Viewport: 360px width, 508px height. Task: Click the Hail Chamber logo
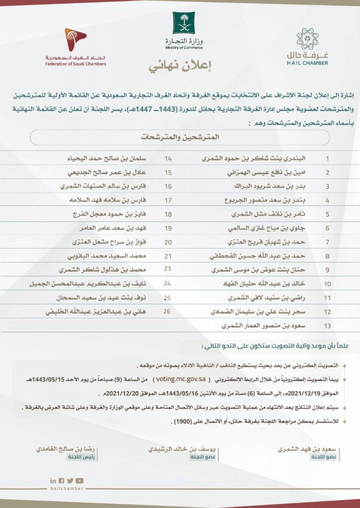[x=307, y=46]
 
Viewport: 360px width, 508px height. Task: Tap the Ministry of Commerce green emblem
[x=183, y=23]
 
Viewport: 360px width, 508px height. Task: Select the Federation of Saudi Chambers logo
[x=75, y=37]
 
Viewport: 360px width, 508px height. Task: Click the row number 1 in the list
[x=327, y=159]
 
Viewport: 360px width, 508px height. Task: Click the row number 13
[x=327, y=327]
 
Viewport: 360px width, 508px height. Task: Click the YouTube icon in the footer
[x=80, y=480]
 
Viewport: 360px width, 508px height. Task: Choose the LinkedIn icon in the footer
[x=54, y=480]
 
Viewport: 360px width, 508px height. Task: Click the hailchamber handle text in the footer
[x=66, y=488]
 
